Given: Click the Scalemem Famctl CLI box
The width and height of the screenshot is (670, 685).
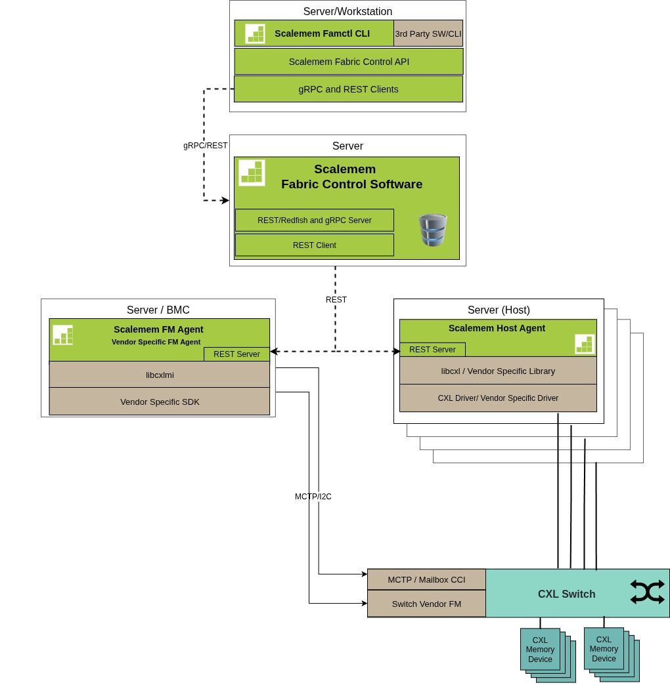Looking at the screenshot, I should pyautogui.click(x=314, y=33).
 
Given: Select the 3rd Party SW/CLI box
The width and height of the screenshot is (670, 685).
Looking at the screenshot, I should pyautogui.click(x=428, y=33).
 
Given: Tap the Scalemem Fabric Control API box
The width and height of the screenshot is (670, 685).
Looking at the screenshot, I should pyautogui.click(x=349, y=62).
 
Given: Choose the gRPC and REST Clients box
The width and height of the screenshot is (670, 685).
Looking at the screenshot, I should pyautogui.click(x=348, y=89).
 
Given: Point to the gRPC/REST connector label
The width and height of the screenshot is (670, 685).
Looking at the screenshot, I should pyautogui.click(x=206, y=146).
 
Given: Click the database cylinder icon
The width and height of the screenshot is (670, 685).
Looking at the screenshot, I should pyautogui.click(x=433, y=230).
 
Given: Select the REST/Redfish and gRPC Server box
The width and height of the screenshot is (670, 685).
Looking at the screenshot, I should pyautogui.click(x=315, y=220).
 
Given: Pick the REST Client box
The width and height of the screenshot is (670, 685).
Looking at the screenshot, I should pyautogui.click(x=315, y=245).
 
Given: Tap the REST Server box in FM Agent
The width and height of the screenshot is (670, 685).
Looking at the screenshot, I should pyautogui.click(x=236, y=354).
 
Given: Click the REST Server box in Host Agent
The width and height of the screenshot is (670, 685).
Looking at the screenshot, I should pyautogui.click(x=432, y=350).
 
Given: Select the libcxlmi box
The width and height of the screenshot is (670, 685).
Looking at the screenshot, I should pyautogui.click(x=160, y=375).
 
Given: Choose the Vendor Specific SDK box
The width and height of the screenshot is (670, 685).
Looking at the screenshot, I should pyautogui.click(x=160, y=402).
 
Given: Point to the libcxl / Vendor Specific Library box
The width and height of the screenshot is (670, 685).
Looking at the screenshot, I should pyautogui.click(x=498, y=371).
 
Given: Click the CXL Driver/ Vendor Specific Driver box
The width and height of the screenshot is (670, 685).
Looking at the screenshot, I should pyautogui.click(x=498, y=398).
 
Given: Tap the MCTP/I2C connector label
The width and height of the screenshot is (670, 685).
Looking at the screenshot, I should pyautogui.click(x=313, y=497).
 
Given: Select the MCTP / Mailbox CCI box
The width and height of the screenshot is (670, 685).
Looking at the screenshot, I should pyautogui.click(x=426, y=579).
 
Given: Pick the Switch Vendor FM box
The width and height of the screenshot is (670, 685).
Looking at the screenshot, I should pyautogui.click(x=426, y=604).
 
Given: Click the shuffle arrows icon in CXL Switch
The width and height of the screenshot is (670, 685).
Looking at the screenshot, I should pyautogui.click(x=647, y=592).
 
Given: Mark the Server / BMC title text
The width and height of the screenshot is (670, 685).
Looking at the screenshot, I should pyautogui.click(x=158, y=310).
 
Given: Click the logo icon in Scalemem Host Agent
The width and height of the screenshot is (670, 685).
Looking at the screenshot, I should pyautogui.click(x=585, y=344).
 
